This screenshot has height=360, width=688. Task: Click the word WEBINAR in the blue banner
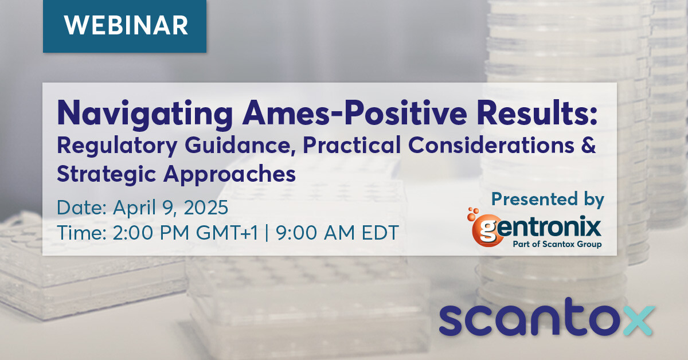coord(126,25)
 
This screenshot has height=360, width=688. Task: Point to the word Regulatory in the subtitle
coord(117,146)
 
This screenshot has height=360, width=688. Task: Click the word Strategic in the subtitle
coord(106,174)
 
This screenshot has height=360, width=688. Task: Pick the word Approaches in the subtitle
coord(229,174)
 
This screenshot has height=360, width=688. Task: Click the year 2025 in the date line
coord(206,208)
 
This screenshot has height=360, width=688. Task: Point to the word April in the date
coord(135,208)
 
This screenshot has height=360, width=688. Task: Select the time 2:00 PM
coord(151,233)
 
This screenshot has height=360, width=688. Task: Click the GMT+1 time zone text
coord(227,233)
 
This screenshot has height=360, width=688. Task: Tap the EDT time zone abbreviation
coord(380,233)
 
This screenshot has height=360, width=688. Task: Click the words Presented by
coord(548,199)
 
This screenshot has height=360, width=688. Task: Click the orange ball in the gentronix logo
coord(487,230)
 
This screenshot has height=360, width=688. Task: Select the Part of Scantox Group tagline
coord(557,245)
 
